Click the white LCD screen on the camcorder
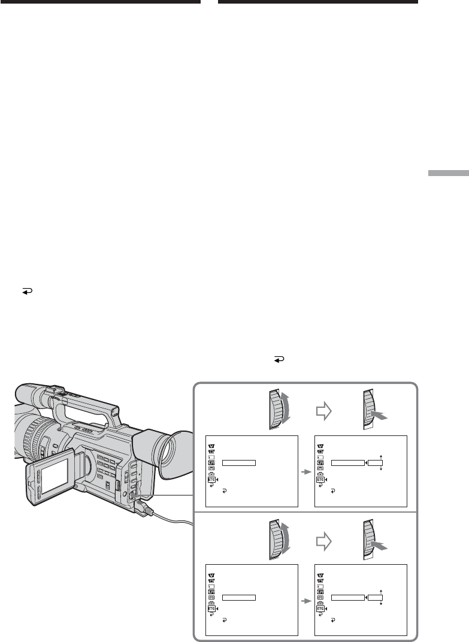[55, 476]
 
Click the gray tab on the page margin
[449, 172]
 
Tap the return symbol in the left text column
[27, 292]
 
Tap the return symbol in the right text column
[279, 359]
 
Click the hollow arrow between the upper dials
[323, 411]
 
